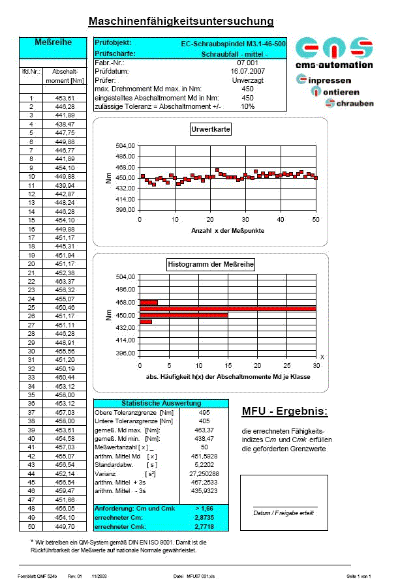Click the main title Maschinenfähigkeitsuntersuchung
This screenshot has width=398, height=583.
[181, 22]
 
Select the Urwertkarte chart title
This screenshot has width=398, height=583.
[210, 130]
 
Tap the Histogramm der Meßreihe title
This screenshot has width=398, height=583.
[210, 264]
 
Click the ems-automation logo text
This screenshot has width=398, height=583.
[334, 65]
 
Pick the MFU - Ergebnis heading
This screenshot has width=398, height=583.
[284, 411]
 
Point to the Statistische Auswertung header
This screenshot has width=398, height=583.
[161, 403]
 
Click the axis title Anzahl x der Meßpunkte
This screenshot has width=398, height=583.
[228, 232]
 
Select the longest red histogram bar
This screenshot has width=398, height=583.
[228, 308]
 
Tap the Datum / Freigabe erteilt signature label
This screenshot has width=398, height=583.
[284, 513]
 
